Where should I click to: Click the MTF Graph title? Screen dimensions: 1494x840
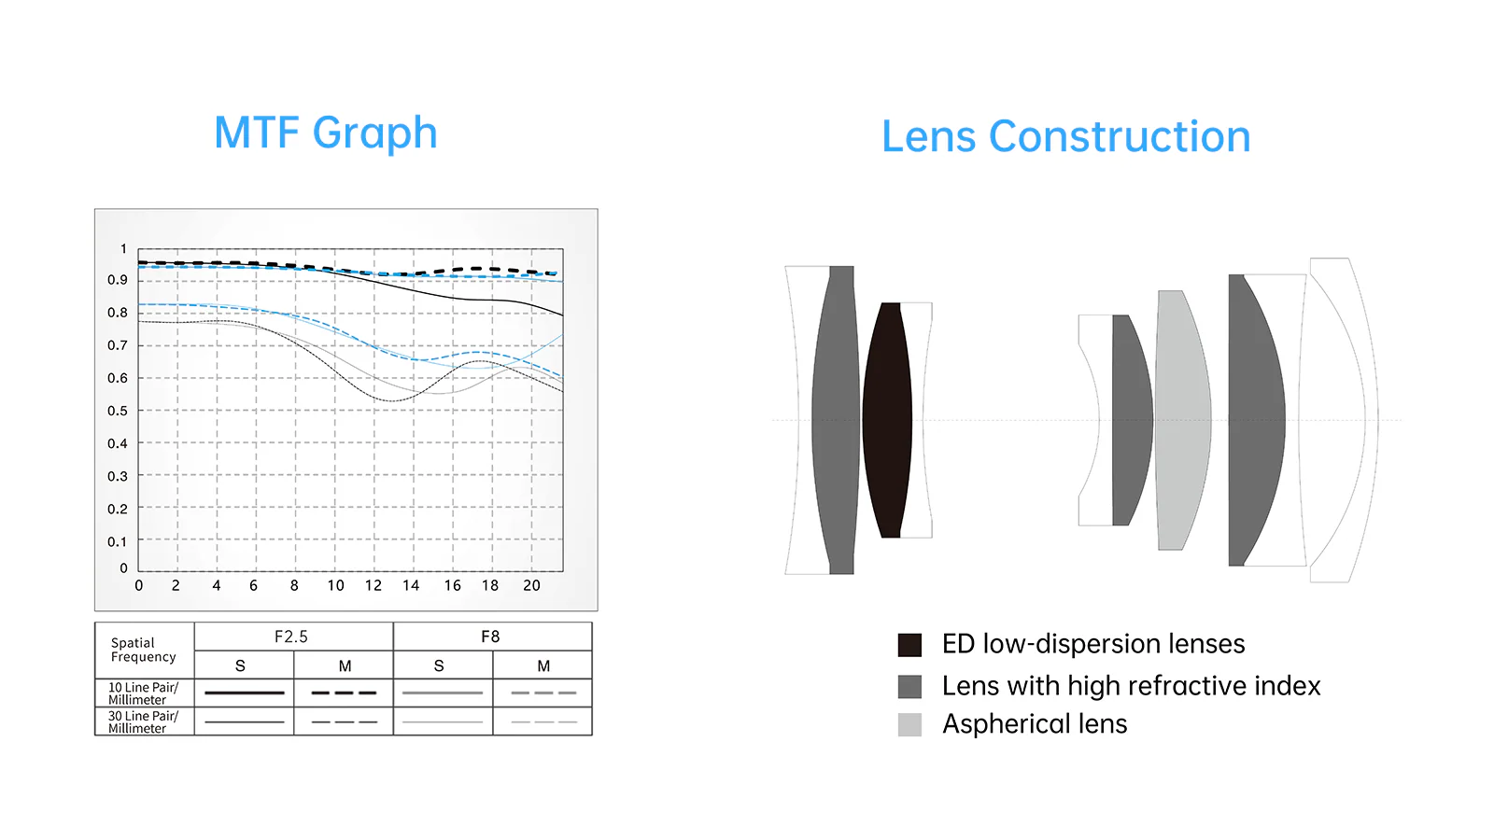326,133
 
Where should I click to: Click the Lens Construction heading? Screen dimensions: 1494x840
1065,136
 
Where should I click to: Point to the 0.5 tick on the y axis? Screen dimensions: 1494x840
118,411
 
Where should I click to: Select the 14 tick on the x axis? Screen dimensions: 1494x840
411,585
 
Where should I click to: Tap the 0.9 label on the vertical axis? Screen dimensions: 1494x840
118,280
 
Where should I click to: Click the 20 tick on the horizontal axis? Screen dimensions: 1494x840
531,585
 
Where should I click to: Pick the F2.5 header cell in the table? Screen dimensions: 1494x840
291,637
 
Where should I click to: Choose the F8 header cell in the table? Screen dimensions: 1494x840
491,637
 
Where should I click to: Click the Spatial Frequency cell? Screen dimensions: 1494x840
144,650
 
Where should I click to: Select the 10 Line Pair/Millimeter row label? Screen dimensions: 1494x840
144,693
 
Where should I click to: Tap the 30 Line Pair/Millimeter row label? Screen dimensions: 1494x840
144,722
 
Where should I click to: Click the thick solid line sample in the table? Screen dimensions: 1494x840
244,693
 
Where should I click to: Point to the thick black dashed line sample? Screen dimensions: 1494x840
345,693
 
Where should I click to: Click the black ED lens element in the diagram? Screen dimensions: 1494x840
887,420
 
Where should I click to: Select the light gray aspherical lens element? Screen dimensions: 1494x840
1183,420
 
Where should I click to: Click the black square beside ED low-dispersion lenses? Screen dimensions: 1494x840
909,645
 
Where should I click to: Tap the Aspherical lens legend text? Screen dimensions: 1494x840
1035,724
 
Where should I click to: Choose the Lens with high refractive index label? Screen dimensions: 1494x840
1131,686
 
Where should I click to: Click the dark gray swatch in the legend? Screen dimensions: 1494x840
909,687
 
